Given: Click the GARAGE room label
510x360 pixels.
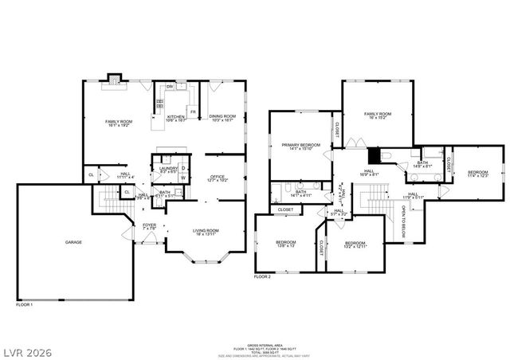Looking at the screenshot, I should (x=73, y=242).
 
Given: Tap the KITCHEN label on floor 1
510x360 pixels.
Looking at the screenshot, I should (x=175, y=117).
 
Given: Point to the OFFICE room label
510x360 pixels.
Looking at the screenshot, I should (x=218, y=177).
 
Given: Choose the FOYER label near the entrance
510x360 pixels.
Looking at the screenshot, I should (x=150, y=225).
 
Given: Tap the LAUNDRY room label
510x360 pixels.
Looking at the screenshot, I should (x=167, y=168).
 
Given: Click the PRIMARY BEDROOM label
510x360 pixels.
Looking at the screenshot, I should (x=300, y=145).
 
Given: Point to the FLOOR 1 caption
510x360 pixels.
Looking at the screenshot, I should (x=24, y=304).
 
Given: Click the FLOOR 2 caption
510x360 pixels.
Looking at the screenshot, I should (x=263, y=276).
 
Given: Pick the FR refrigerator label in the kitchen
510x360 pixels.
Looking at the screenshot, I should (x=193, y=112).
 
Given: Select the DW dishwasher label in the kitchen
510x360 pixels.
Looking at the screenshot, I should (x=170, y=86).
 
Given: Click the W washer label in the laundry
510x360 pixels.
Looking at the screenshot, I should (x=182, y=177).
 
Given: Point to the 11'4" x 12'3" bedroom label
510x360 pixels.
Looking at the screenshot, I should (x=477, y=173).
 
